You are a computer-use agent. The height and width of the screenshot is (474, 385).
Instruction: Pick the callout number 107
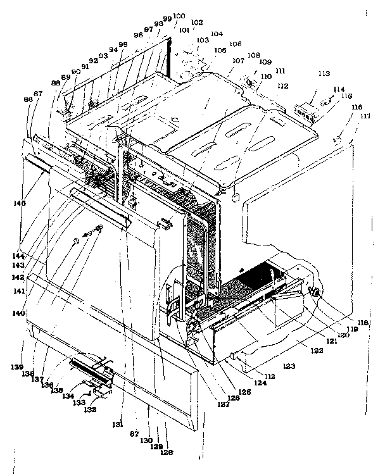238,61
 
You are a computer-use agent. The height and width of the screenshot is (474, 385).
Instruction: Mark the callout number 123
289,366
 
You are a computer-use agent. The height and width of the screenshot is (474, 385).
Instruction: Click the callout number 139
19,367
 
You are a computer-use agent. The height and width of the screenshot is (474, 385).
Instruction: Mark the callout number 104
217,34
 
